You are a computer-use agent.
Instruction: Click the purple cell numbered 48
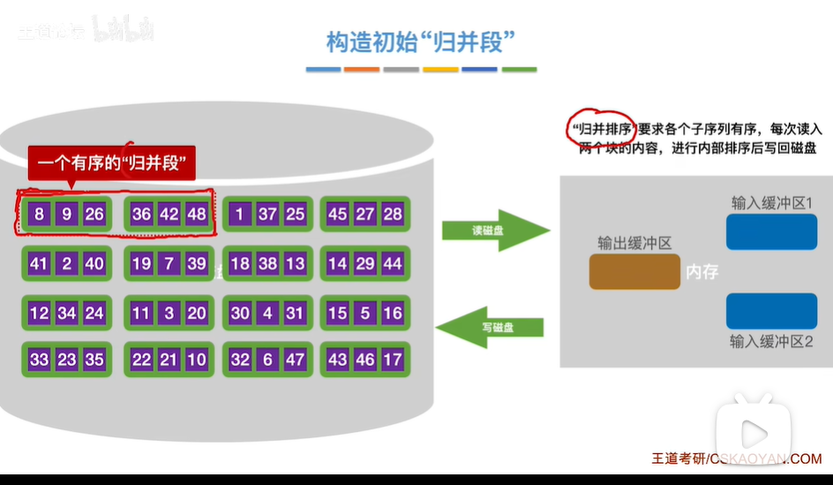[197, 214]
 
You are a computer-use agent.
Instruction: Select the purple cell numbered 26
[94, 214]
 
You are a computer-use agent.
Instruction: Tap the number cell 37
[267, 214]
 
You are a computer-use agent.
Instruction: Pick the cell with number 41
[39, 263]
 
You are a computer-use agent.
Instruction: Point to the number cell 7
[169, 263]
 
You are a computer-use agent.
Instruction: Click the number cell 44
[393, 263]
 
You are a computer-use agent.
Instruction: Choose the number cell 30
[240, 313]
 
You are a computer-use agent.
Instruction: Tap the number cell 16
[393, 313]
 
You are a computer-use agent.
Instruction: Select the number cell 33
[39, 360]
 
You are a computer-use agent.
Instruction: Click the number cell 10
[197, 360]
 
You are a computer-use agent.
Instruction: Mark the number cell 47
[296, 360]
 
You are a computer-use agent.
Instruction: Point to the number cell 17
[393, 360]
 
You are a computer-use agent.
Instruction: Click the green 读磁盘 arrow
[495, 231]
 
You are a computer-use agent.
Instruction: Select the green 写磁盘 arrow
[491, 327]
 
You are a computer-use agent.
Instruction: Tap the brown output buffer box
[634, 272]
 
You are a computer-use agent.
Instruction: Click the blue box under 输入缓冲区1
[771, 231]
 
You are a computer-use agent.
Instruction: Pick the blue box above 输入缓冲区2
[771, 311]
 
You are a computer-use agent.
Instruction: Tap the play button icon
[753, 433]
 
